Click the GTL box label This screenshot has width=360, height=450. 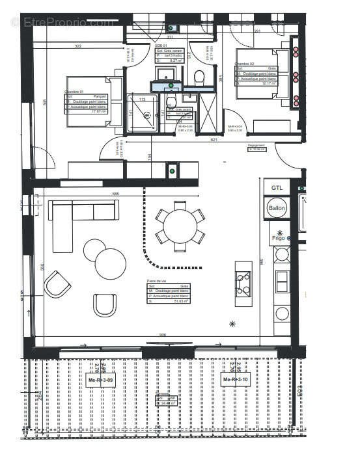[x=277, y=188]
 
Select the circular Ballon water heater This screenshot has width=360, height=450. [x=277, y=209]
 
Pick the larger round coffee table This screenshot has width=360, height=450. [x=111, y=263]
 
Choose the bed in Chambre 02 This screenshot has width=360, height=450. [x=263, y=73]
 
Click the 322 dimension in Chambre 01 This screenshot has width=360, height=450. [x=78, y=46]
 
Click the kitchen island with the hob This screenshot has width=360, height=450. [x=243, y=279]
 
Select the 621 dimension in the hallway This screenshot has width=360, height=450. [x=214, y=140]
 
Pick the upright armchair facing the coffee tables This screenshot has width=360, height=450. [x=104, y=305]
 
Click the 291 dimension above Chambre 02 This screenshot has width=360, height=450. [x=257, y=31]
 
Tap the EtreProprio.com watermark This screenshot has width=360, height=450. [x=62, y=21]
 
